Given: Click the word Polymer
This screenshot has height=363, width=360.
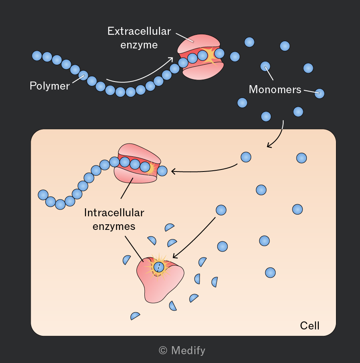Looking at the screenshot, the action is [x=50, y=86].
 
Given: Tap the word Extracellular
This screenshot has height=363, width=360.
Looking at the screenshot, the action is [x=139, y=31].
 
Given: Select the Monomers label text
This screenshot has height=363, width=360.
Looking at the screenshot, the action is [x=275, y=90].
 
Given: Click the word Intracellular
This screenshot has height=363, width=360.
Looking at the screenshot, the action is [x=114, y=213].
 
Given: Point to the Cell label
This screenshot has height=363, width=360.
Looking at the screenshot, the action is [x=310, y=326].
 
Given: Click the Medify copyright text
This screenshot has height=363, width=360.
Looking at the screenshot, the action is [x=182, y=351].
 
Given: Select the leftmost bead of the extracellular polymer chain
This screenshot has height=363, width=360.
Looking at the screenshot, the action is [x=37, y=56].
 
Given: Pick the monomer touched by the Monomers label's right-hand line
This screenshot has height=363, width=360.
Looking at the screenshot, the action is [x=320, y=94].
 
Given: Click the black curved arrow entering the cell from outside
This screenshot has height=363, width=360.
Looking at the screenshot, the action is [x=279, y=137].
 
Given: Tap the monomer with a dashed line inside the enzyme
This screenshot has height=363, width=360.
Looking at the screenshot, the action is [x=159, y=267].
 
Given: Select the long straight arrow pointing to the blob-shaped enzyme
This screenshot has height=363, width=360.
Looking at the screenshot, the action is [x=194, y=237].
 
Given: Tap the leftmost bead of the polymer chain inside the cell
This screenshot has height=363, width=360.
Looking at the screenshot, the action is [x=43, y=195].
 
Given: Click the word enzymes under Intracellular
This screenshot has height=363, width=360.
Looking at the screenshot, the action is [x=114, y=226].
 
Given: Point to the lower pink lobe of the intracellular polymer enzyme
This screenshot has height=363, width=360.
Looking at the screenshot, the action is [x=136, y=176].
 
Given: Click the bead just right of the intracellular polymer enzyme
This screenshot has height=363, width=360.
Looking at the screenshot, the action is [x=162, y=171].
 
